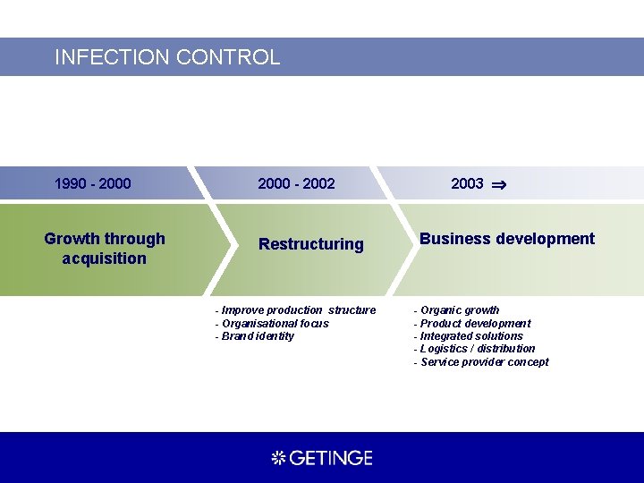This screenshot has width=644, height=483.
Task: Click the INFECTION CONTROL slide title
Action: (167, 57)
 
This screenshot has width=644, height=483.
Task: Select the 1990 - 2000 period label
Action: (92, 183)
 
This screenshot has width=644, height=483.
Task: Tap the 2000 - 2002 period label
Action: (296, 183)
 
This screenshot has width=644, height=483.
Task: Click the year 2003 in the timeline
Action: (467, 183)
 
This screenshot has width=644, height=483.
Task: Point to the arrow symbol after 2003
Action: (499, 184)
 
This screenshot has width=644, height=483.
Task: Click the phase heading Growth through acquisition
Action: (105, 248)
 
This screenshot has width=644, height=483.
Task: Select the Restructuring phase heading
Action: (311, 244)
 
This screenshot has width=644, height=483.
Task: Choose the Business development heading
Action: (506, 239)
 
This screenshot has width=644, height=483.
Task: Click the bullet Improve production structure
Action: (296, 310)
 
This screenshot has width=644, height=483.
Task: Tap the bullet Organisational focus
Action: (272, 323)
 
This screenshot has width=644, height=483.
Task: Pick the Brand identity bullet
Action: (255, 336)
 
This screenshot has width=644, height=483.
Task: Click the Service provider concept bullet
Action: (481, 362)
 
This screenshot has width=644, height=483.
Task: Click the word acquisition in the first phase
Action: (105, 258)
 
